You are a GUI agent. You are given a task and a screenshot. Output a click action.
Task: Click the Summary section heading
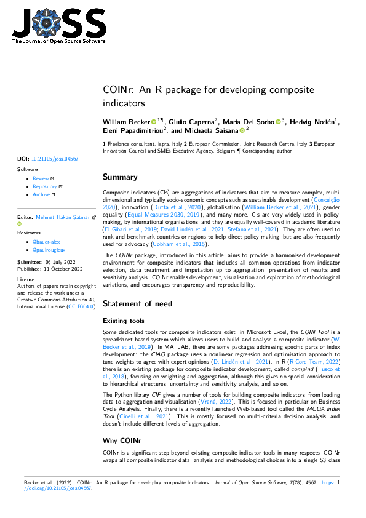pyautogui.click(x=120, y=177)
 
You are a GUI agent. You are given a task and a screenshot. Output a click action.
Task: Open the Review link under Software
pyautogui.click(x=41, y=178)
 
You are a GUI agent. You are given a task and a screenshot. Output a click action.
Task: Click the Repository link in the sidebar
pyautogui.click(x=45, y=186)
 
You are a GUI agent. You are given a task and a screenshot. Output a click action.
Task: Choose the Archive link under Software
pyautogui.click(x=42, y=194)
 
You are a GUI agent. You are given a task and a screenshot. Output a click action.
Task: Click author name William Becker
pyautogui.click(x=126, y=122)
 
